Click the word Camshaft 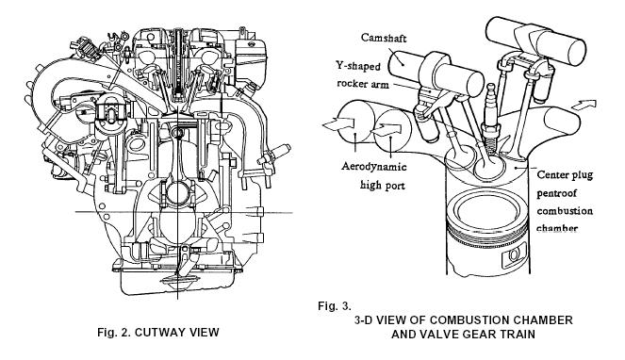click(384, 38)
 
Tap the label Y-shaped click(358, 66)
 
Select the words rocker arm click(363, 84)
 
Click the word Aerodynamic click(374, 166)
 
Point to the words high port click(382, 185)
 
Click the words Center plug click(565, 174)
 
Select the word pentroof click(556, 193)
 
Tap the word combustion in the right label click(565, 210)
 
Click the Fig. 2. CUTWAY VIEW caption click(158, 332)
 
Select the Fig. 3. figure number click(335, 305)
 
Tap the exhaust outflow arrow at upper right click(584, 105)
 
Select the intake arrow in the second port click(387, 129)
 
